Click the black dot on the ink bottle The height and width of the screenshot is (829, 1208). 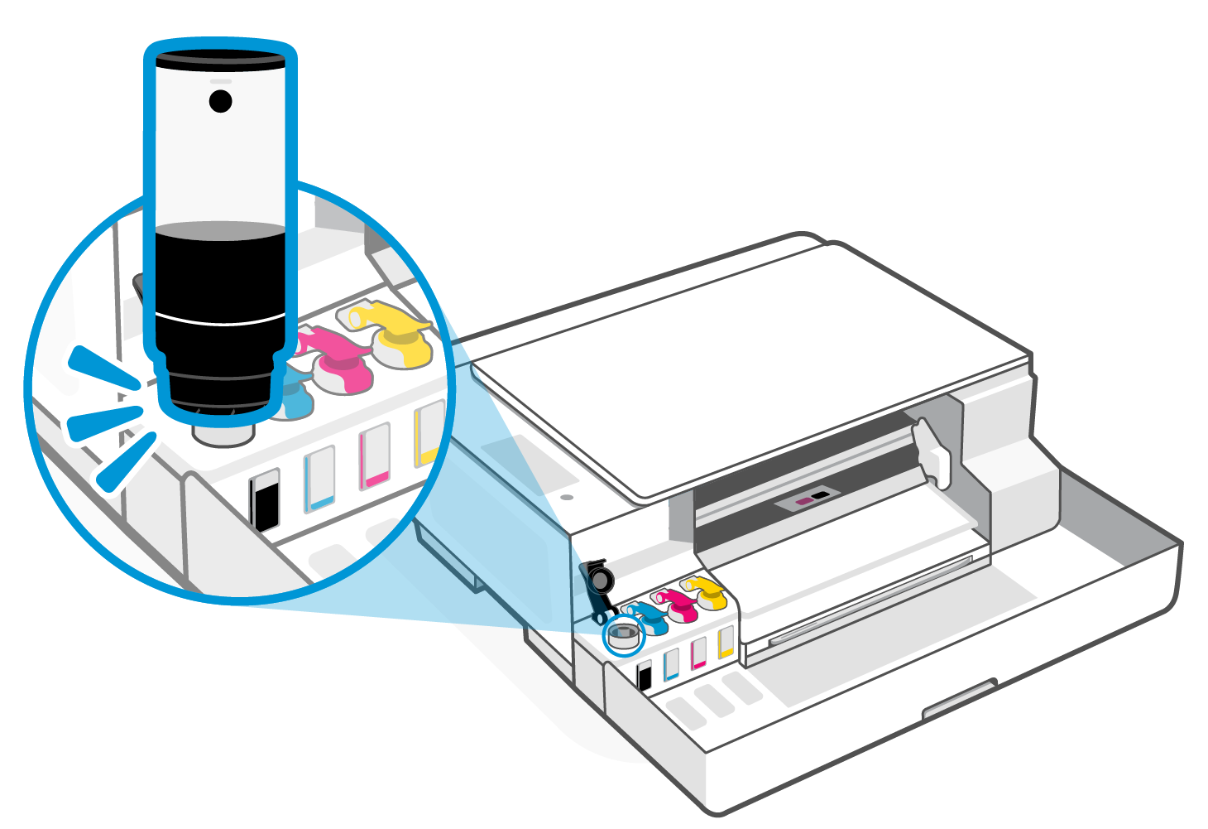(220, 101)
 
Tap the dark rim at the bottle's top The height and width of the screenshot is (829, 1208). (220, 58)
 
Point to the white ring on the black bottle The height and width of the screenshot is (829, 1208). (220, 319)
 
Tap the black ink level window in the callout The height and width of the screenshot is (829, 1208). (266, 500)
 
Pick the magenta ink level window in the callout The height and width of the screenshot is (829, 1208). (375, 455)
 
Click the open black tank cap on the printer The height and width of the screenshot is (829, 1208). (597, 585)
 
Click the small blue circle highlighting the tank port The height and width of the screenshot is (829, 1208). (624, 636)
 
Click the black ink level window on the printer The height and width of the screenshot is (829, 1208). (645, 675)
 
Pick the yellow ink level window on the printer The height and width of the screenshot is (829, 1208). (726, 642)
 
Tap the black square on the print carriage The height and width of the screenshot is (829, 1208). (820, 494)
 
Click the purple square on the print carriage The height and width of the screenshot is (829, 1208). (803, 501)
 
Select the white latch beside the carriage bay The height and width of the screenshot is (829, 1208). (930, 451)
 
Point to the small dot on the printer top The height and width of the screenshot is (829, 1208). (566, 499)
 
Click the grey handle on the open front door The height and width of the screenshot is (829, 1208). (960, 700)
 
